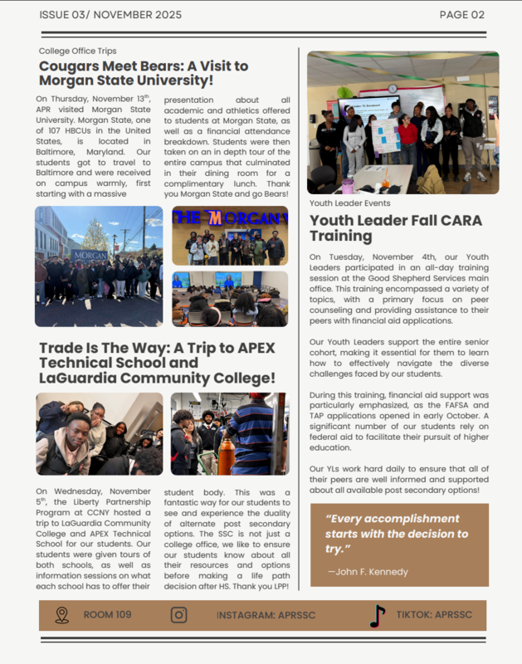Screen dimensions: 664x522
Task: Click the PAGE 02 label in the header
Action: point(461,15)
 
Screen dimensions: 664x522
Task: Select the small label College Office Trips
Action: point(77,51)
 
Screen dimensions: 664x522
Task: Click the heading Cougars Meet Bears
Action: point(143,73)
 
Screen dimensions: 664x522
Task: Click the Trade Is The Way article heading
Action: point(157,363)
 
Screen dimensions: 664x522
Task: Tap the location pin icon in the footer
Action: point(61,615)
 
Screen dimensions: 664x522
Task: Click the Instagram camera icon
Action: point(178,615)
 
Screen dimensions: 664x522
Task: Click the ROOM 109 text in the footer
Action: point(107,615)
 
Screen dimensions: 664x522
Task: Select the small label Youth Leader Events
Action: point(349,203)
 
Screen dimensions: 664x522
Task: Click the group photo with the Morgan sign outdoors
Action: point(99,266)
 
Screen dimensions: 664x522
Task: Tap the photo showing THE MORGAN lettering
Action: point(230,236)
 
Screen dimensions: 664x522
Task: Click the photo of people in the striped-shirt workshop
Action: point(229,433)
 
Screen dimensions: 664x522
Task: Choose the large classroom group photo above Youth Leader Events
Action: point(402,122)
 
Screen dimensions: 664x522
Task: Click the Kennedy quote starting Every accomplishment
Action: point(397,534)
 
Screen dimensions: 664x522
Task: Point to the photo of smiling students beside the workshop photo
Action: point(99,433)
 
